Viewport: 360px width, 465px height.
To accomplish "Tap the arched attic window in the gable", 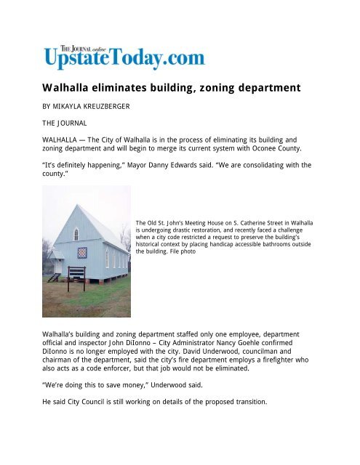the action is click(x=76, y=233).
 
